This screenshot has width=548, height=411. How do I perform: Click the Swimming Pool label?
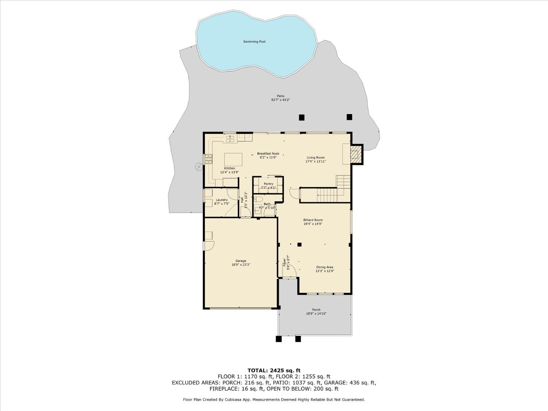point(254,42)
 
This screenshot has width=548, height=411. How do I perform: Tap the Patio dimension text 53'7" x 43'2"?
point(281,100)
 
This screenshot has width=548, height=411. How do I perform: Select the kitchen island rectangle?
point(233,160)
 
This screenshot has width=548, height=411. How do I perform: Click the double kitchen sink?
point(230,138)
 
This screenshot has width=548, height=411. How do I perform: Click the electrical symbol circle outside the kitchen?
point(198,167)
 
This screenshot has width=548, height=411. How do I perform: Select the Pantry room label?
point(269,184)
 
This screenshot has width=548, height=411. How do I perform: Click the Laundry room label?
point(222,200)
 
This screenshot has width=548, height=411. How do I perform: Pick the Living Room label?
point(315,157)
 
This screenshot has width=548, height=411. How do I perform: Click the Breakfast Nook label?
point(268,153)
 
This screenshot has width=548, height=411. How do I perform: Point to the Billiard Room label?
point(313,220)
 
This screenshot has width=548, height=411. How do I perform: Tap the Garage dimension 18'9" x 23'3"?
point(241,265)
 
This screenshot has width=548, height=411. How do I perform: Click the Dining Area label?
point(324,267)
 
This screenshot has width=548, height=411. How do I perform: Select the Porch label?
point(316,310)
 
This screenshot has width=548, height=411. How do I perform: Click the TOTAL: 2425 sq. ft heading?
point(274,370)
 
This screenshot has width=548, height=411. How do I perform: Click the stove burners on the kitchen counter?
point(208,158)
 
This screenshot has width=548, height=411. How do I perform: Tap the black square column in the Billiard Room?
point(299,244)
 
